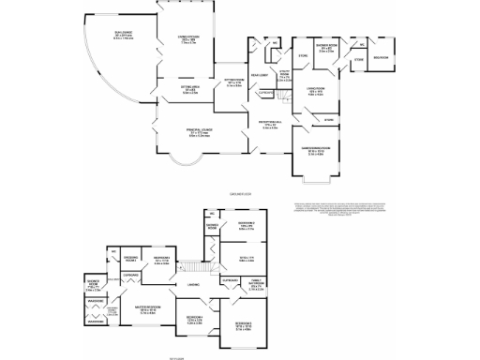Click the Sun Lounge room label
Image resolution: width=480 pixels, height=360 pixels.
coord(97,37)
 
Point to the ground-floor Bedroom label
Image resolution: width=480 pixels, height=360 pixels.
coord(382,58)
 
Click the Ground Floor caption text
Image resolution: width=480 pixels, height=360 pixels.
coord(241,193)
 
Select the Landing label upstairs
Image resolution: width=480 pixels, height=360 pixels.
coord(192,283)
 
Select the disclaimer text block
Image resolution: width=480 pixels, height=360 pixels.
coord(337,211)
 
